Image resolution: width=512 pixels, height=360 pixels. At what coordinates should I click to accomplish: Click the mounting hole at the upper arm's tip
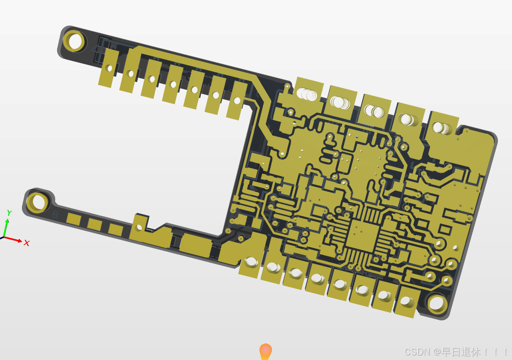[74, 41]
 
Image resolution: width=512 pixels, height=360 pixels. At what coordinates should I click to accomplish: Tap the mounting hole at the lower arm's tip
[38, 203]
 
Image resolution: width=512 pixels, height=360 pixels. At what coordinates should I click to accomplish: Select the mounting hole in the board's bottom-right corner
[437, 303]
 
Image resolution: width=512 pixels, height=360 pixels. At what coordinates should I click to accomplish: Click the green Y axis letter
[9, 213]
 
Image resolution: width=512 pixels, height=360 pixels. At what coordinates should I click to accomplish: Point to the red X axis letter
[27, 243]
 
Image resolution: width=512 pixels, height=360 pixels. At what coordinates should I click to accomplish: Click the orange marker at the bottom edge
[265, 352]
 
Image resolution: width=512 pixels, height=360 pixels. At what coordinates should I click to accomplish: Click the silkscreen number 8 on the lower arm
[55, 215]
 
